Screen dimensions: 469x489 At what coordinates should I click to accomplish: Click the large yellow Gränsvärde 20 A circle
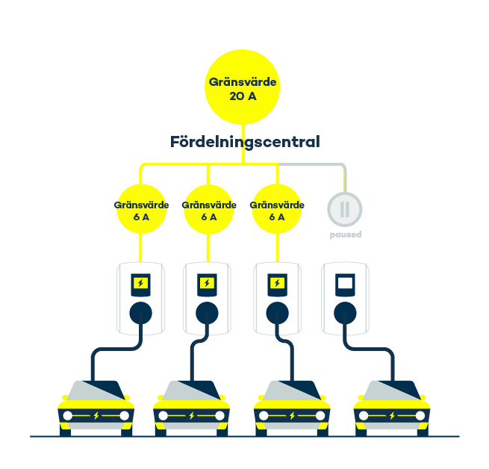(x=244, y=88)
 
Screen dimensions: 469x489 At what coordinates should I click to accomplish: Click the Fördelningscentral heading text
(x=245, y=142)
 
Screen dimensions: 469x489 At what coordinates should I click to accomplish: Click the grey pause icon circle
(x=345, y=210)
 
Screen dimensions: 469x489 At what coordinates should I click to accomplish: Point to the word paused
(x=345, y=234)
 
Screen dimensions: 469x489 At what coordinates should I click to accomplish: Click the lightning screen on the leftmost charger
(x=140, y=284)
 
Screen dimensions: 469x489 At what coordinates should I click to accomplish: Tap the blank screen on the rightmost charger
(x=345, y=284)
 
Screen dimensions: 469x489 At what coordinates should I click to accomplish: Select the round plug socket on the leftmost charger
(x=140, y=311)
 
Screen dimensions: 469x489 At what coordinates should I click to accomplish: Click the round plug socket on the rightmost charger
(x=345, y=311)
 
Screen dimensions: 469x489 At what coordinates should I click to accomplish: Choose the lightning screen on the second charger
(x=208, y=284)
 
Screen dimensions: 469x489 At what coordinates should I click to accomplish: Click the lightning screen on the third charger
(x=276, y=284)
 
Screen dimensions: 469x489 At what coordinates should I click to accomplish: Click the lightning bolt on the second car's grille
(x=192, y=415)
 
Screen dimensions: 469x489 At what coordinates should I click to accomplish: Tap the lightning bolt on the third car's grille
(x=292, y=415)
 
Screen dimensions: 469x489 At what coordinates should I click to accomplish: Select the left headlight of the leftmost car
(x=68, y=415)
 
